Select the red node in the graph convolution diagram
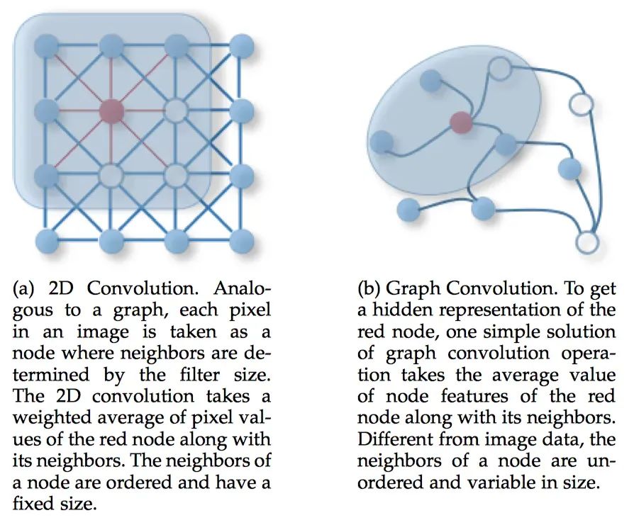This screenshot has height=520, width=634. [x=461, y=123]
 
